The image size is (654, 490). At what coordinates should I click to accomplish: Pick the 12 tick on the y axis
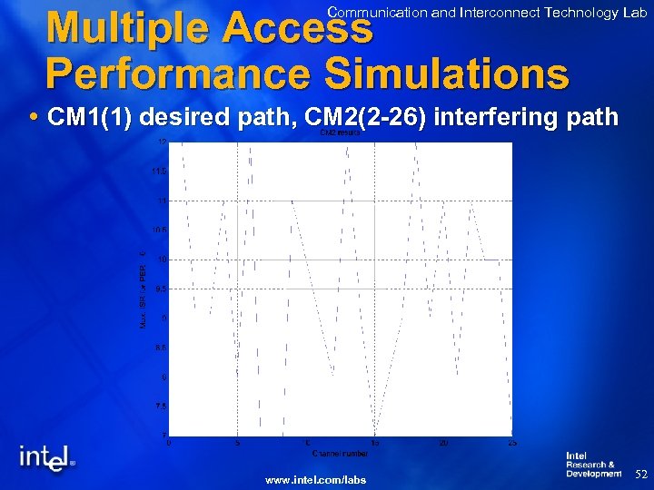(x=160, y=142)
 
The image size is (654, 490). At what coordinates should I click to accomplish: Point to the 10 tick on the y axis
(x=160, y=260)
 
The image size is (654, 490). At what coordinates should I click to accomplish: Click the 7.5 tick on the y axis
(x=159, y=406)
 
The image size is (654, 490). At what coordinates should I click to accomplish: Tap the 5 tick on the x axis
(x=237, y=443)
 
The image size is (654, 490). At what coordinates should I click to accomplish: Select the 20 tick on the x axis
(x=443, y=443)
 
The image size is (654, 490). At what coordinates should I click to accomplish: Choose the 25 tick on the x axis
(x=512, y=443)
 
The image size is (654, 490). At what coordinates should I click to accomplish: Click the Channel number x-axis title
(x=340, y=452)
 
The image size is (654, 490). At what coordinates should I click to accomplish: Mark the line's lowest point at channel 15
(x=375, y=435)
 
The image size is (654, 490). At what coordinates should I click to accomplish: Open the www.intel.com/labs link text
(x=315, y=479)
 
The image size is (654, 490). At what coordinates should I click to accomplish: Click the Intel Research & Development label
(x=593, y=465)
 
